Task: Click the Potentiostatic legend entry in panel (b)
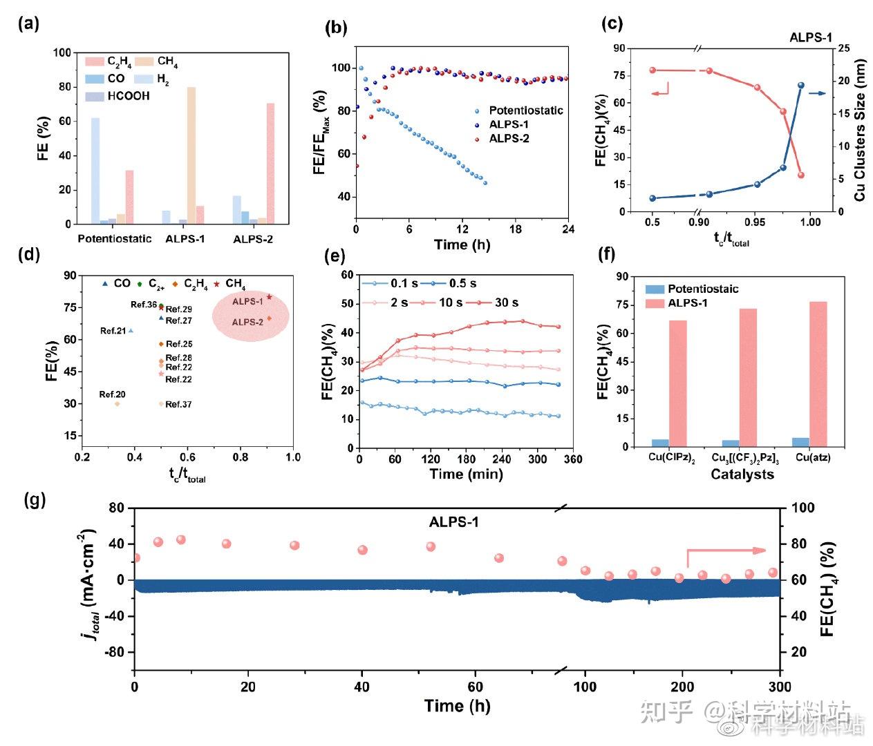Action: pyautogui.click(x=525, y=111)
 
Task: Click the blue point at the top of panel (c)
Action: pyautogui.click(x=801, y=86)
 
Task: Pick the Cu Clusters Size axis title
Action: pyautogui.click(x=859, y=130)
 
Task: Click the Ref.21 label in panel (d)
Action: pyautogui.click(x=113, y=331)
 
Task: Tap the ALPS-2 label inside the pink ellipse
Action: pyautogui.click(x=247, y=322)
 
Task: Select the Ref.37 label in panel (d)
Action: pyautogui.click(x=178, y=404)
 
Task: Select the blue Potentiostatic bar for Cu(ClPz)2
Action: pyautogui.click(x=660, y=443)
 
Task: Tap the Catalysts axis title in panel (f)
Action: pyautogui.click(x=742, y=475)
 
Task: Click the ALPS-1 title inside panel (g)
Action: pyautogui.click(x=453, y=522)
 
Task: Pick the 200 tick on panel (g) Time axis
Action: pyautogui.click(x=682, y=687)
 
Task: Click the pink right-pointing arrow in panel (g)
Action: pyautogui.click(x=726, y=551)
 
